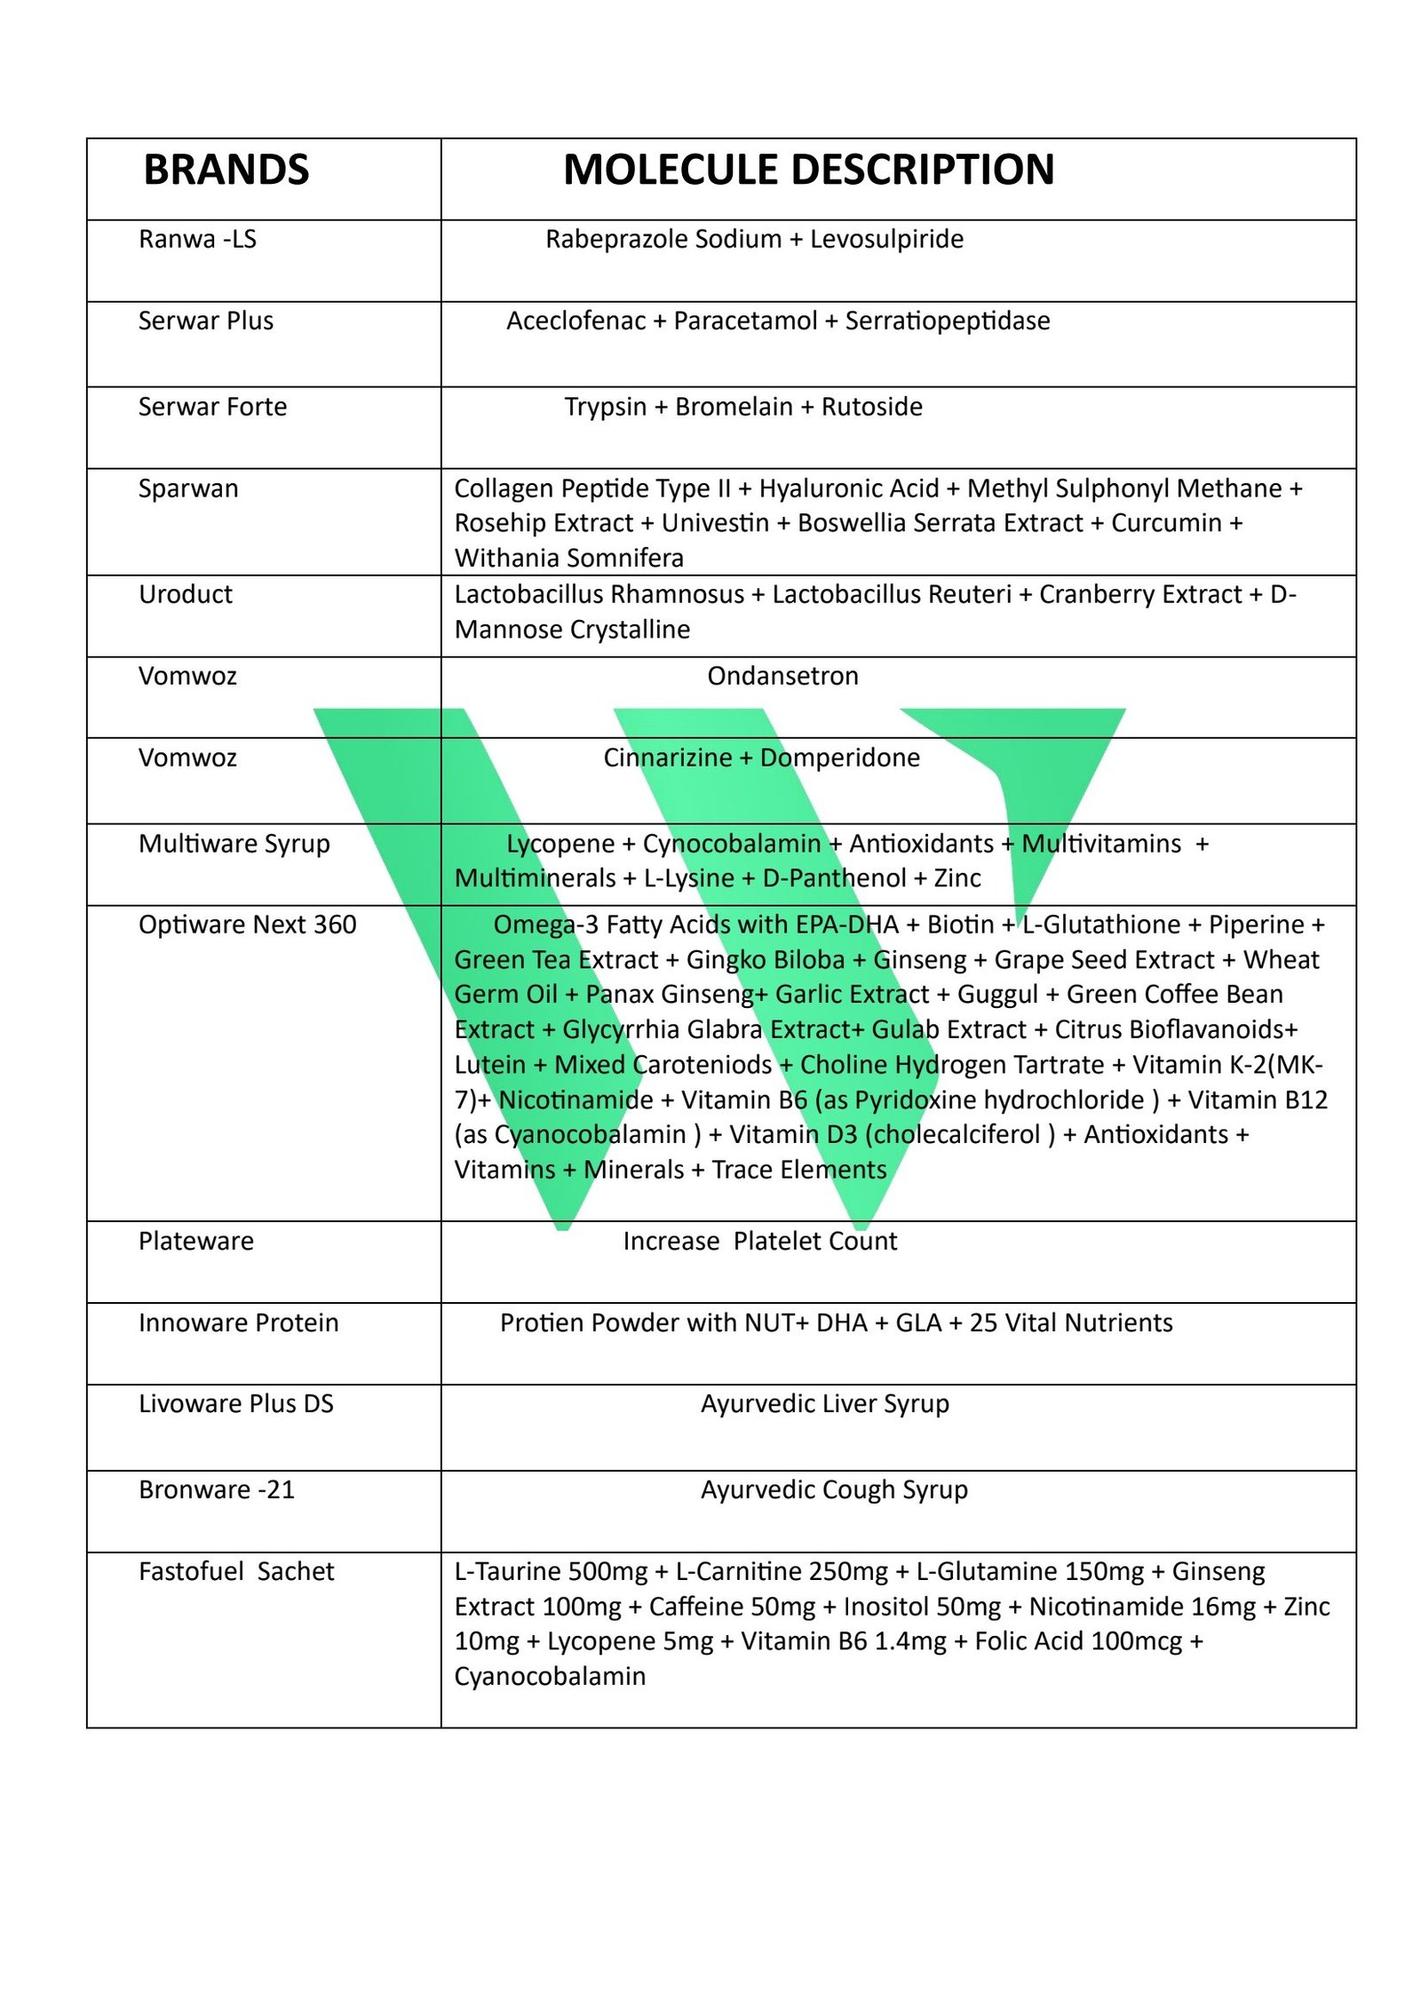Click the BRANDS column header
226,170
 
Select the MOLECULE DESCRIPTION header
808,170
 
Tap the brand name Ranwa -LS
197,239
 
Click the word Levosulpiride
885,239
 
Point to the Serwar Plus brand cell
205,321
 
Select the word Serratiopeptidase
947,321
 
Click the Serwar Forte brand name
212,407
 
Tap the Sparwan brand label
188,488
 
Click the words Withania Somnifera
568,558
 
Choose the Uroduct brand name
185,594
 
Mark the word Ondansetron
782,676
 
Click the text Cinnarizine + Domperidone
761,758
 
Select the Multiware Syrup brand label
234,843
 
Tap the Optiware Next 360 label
247,925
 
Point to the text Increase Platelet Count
759,1241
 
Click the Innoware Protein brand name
238,1322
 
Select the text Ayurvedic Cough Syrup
834,1489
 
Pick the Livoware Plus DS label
235,1403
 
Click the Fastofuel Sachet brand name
236,1571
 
